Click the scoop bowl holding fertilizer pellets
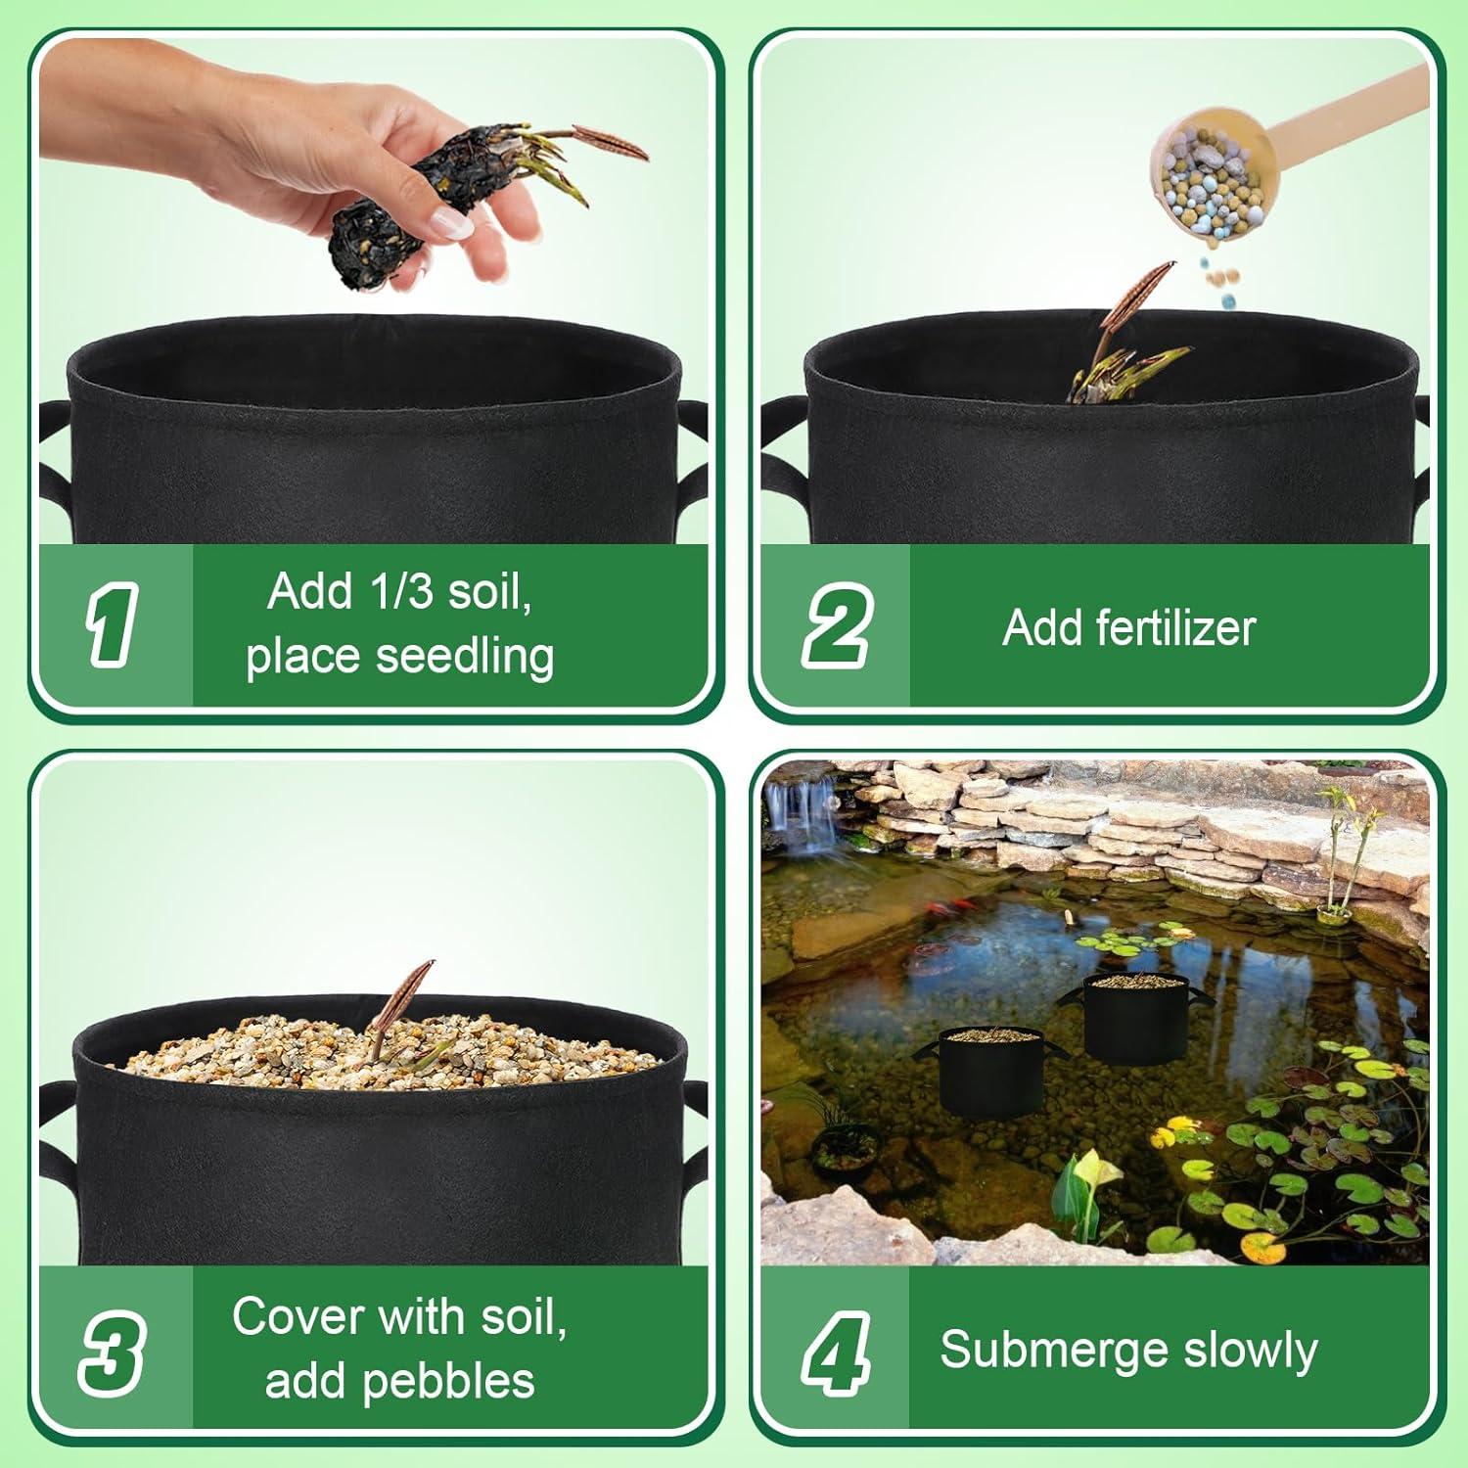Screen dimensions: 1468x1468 (x=1204, y=181)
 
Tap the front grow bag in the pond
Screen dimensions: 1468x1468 (x=990, y=1072)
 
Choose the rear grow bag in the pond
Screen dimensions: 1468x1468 (x=1135, y=1018)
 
